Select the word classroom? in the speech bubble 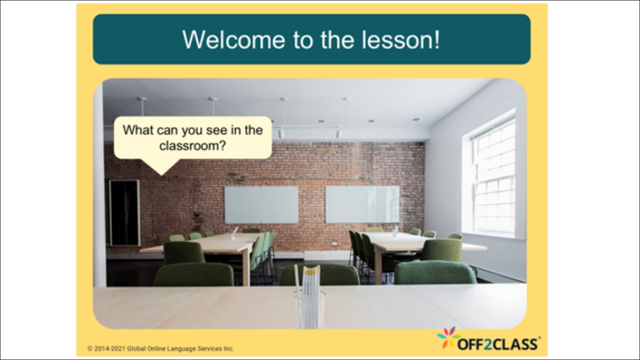point(192,146)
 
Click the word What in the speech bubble point(137,130)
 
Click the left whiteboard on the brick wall point(261,205)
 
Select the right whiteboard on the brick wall point(362,204)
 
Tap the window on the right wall point(493,177)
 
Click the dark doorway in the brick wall point(124,212)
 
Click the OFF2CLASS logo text point(497,344)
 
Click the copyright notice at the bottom point(160,348)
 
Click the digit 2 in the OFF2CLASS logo point(487,344)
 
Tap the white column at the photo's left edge point(99,192)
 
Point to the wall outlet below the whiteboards point(335,243)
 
